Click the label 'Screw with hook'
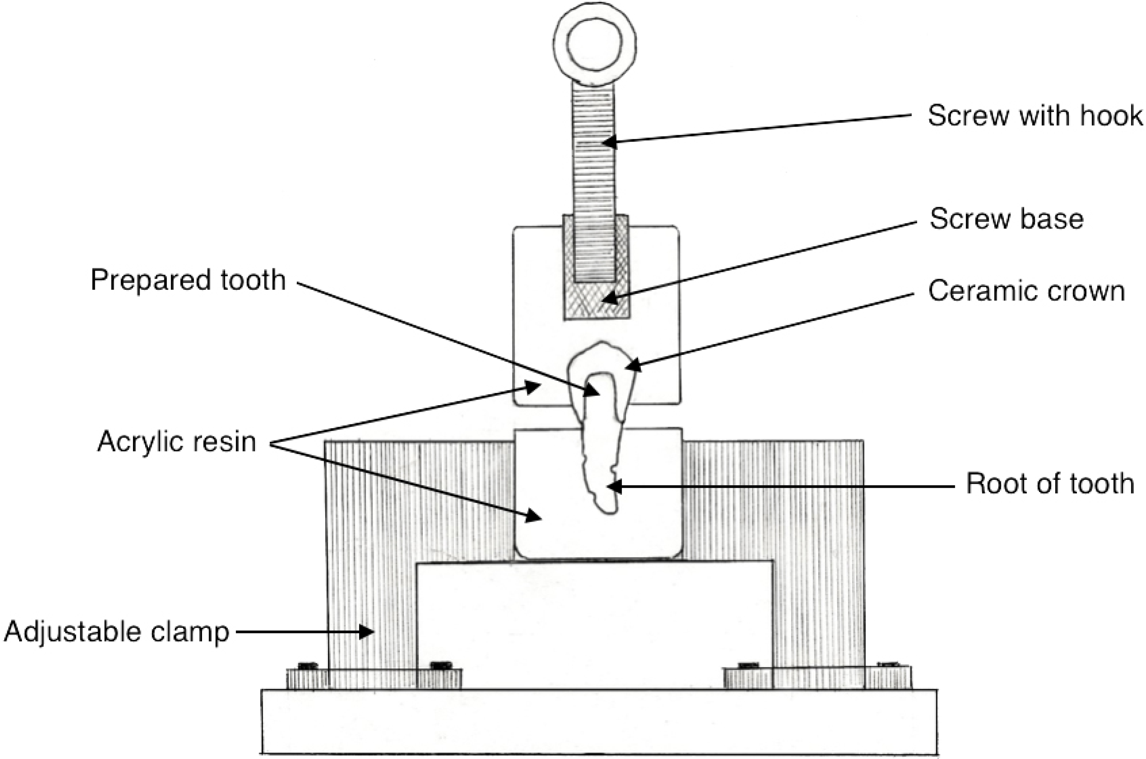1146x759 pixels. point(1035,116)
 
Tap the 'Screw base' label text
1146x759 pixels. point(1006,219)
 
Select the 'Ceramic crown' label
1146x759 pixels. point(1026,291)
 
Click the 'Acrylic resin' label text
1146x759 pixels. point(177,442)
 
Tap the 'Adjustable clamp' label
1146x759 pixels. point(116,632)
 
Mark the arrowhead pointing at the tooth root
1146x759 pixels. point(615,486)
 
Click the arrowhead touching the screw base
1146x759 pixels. point(611,297)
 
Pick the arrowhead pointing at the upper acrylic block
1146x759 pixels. point(533,386)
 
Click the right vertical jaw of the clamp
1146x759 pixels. point(818,557)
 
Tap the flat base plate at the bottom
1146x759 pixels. point(599,721)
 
